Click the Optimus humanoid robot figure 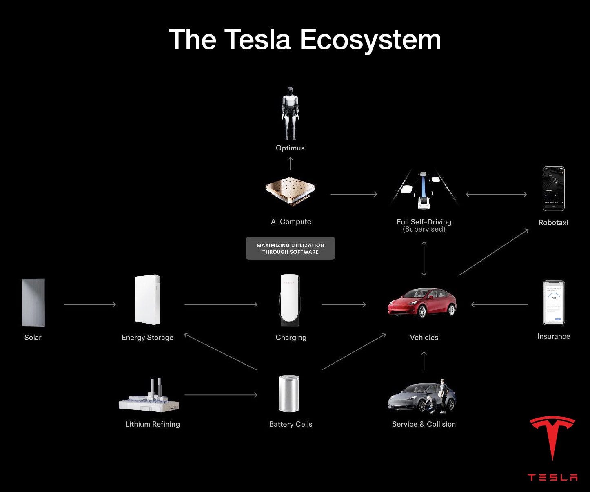click(x=290, y=113)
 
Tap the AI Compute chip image click(x=290, y=192)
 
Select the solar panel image click(x=33, y=302)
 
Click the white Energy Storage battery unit click(x=147, y=300)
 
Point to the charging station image click(x=290, y=300)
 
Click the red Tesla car click(x=422, y=303)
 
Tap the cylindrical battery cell click(x=289, y=394)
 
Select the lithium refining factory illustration click(x=149, y=396)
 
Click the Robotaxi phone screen click(x=554, y=188)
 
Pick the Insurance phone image click(x=554, y=302)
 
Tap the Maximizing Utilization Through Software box click(x=290, y=248)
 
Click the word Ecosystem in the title click(x=370, y=40)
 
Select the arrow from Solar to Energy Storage click(x=90, y=304)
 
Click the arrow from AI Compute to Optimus click(x=290, y=163)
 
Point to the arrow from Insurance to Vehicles click(x=499, y=304)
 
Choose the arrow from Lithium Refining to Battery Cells click(x=221, y=395)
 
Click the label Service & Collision click(x=424, y=424)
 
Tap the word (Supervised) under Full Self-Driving click(x=424, y=230)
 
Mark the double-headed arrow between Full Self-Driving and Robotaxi click(x=496, y=195)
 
